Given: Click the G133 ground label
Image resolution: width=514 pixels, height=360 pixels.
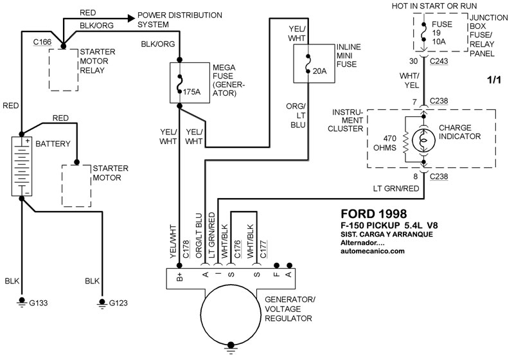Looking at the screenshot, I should [x=39, y=301].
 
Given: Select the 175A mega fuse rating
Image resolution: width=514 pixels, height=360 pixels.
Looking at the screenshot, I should [x=192, y=92].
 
